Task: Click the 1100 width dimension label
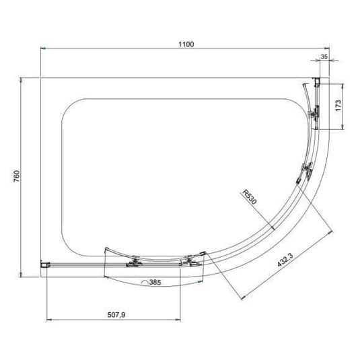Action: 186,44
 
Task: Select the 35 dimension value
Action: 324,59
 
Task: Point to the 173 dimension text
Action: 339,106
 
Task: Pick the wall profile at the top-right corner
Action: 319,83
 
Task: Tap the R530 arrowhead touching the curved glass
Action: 271,228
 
